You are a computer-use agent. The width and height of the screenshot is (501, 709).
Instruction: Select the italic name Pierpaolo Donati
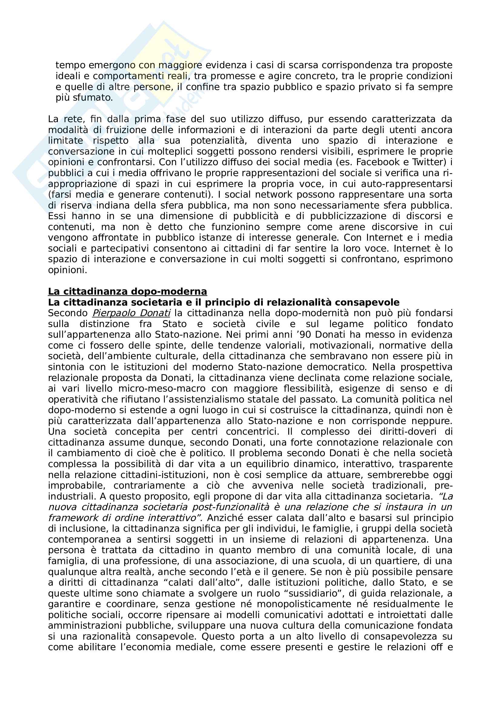click(131, 313)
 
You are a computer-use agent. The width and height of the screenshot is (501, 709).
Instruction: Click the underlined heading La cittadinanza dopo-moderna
click(127, 292)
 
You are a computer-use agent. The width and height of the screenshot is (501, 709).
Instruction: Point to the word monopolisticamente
click(304, 604)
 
